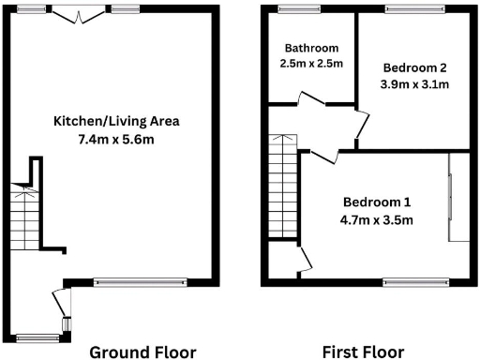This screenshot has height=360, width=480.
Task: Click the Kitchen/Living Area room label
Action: pyautogui.click(x=115, y=121)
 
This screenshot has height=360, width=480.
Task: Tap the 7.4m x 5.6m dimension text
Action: pyautogui.click(x=115, y=139)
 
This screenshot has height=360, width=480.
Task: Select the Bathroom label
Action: pyautogui.click(x=312, y=48)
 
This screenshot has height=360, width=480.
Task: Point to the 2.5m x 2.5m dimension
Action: pyautogui.click(x=312, y=64)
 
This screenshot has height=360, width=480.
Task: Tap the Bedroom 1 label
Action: pyautogui.click(x=377, y=202)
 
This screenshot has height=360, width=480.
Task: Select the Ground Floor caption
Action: pyautogui.click(x=142, y=352)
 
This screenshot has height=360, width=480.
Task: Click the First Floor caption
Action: pyautogui.click(x=363, y=352)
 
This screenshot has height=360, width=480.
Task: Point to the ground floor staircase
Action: pyautogui.click(x=25, y=216)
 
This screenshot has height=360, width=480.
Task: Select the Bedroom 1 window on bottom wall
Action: pyautogui.click(x=416, y=281)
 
